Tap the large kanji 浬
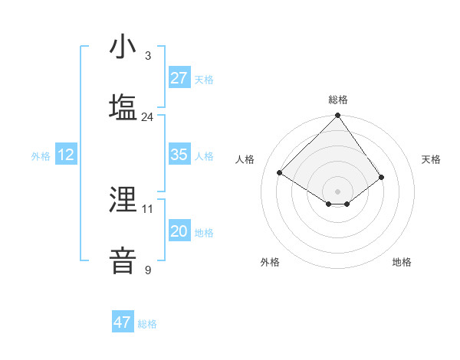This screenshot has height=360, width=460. (123, 201)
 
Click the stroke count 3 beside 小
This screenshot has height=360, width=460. (148, 56)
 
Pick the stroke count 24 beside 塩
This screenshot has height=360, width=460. (147, 117)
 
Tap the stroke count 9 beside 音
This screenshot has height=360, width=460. (148, 270)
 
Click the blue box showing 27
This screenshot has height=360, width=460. (179, 78)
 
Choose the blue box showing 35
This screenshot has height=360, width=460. (179, 155)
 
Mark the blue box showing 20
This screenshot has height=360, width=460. (179, 231)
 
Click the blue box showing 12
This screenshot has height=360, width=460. (66, 155)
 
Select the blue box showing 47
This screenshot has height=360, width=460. (123, 322)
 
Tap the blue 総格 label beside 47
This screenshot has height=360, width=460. (147, 324)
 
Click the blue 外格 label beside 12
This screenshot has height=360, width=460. (41, 156)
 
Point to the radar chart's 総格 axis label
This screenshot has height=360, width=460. (338, 100)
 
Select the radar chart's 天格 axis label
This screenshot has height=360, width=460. (431, 159)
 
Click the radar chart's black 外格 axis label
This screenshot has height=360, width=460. (270, 262)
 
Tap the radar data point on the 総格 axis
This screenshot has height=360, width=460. (338, 116)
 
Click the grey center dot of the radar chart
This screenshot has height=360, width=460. (338, 191)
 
